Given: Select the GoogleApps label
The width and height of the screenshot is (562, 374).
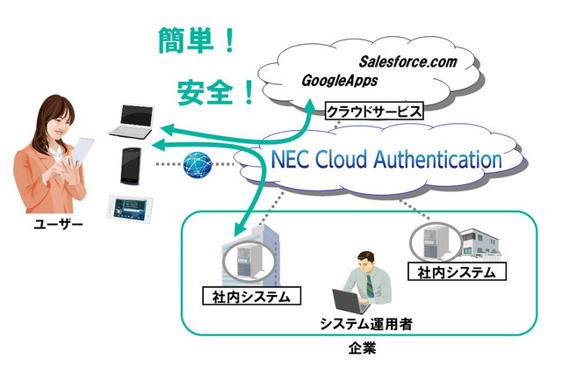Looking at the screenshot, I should (x=339, y=81).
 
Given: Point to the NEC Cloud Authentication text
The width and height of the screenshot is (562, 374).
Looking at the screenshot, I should (x=386, y=161).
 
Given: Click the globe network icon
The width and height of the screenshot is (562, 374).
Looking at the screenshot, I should (x=198, y=165).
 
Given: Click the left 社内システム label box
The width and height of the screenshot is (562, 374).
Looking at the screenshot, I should (x=251, y=296).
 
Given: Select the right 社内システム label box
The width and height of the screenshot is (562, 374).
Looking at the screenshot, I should (x=457, y=272).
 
